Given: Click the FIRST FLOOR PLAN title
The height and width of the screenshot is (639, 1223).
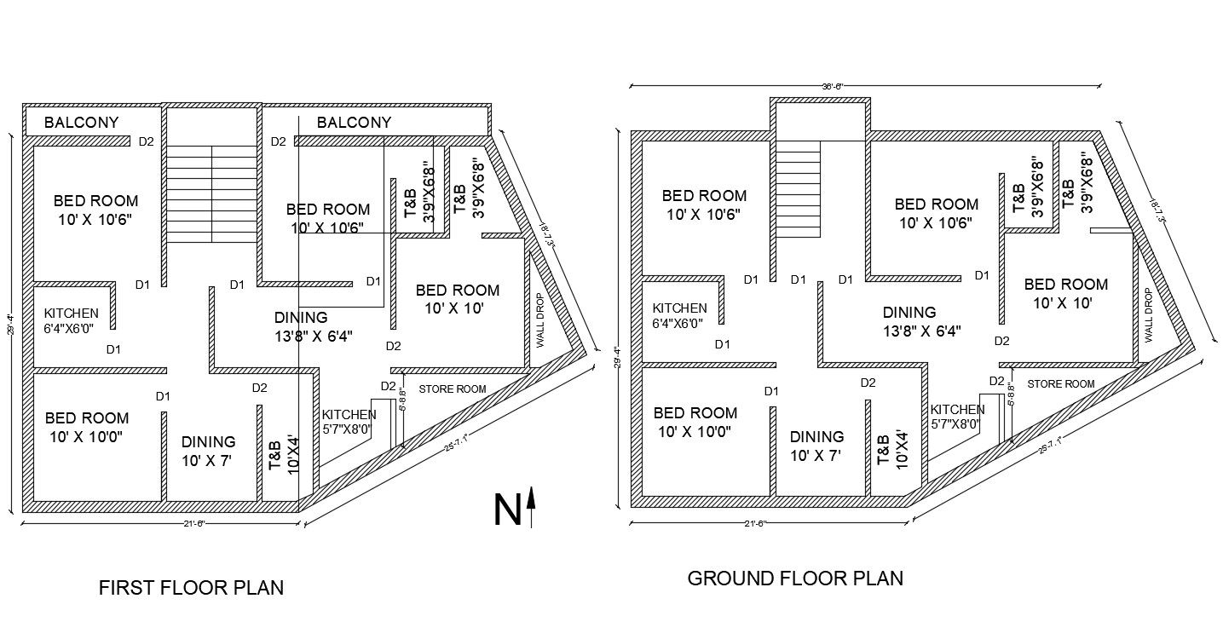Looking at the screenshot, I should pos(191,588).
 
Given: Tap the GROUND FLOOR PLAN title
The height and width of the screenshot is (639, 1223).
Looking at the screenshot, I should pos(794,579).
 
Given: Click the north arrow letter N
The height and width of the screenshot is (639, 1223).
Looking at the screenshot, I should pos(506,509).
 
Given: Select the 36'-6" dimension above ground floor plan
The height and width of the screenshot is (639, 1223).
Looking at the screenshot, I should pos(865,86).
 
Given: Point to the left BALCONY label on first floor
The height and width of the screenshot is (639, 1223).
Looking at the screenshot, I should pos(82,123).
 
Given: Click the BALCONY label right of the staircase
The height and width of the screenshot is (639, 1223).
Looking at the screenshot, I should pos(354,123).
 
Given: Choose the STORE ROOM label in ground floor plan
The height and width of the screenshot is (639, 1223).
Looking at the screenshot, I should pos(1060,384).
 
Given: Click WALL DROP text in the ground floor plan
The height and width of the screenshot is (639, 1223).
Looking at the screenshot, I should pos(1148,315).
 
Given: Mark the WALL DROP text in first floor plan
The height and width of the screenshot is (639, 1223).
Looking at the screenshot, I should pos(539,321).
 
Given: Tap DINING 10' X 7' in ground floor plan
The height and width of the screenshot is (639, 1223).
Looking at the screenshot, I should pos(816,446).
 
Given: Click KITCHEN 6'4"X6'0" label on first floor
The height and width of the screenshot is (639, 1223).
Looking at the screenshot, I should pos(71,319).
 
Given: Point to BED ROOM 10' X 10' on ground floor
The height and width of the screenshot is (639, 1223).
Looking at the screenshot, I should pos(1065,292).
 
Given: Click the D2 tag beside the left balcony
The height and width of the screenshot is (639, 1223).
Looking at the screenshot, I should pos(146,141).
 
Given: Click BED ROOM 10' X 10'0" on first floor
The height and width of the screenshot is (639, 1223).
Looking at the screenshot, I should pos(87,427).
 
